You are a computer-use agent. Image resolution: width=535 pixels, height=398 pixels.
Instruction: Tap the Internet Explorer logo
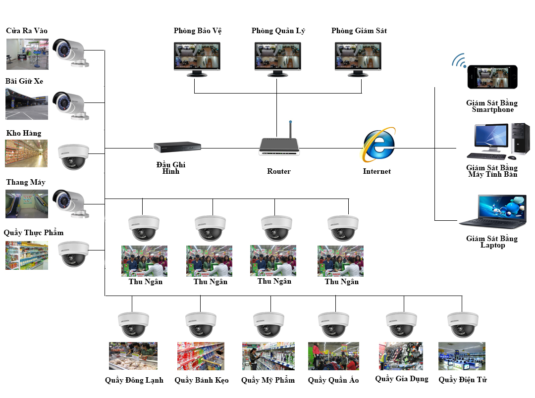(x=379, y=145)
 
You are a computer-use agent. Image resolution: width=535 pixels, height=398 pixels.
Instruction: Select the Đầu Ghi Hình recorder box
(x=177, y=147)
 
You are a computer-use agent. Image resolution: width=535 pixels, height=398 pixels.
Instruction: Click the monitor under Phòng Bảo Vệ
(x=197, y=56)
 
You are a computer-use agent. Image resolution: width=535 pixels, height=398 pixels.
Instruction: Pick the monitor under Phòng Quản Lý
(x=278, y=56)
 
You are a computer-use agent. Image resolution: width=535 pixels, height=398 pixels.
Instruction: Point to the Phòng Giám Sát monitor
(x=359, y=56)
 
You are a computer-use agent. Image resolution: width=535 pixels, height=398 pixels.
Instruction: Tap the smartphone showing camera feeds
(x=492, y=77)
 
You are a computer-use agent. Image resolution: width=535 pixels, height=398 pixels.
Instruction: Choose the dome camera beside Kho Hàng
(x=73, y=155)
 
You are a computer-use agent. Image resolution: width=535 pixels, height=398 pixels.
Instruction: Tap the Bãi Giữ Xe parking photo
(x=27, y=103)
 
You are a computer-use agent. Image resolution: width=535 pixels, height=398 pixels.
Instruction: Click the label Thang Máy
(x=26, y=182)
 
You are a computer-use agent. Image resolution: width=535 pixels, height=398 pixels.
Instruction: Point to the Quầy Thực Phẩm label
(x=34, y=233)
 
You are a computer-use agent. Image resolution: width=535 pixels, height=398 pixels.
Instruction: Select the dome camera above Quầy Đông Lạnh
(x=133, y=324)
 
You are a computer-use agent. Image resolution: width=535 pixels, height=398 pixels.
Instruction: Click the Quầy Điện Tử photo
(x=462, y=356)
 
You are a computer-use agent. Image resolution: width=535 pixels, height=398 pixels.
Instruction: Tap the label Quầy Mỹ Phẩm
(x=268, y=380)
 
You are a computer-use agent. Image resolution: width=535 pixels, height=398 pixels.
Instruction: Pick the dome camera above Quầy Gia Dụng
(x=401, y=324)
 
